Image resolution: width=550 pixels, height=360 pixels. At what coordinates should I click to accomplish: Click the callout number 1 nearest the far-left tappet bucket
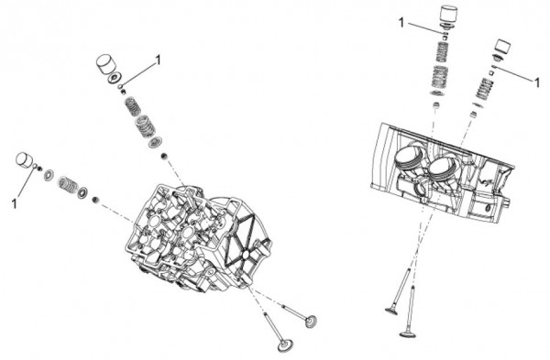pos(14,203)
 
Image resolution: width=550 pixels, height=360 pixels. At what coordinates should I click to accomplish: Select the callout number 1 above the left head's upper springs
pos(159,60)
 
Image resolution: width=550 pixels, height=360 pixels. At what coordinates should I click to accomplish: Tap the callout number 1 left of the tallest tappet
pos(401,23)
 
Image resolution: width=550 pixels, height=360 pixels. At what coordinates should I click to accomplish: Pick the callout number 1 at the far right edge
pos(537,82)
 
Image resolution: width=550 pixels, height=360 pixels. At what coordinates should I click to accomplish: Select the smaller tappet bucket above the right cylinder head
pos(502,48)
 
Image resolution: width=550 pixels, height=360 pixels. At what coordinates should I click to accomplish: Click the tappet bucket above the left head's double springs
pos(106,64)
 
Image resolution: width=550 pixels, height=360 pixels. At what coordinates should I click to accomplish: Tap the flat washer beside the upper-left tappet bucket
pos(115,78)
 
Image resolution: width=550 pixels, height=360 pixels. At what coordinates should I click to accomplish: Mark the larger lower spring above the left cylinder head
pos(145,126)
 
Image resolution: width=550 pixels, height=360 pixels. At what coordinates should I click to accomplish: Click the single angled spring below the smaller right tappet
pos(484,89)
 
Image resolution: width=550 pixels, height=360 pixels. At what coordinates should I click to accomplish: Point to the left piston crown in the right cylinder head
pos(408,157)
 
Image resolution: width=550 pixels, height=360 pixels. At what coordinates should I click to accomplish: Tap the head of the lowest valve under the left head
pos(285,345)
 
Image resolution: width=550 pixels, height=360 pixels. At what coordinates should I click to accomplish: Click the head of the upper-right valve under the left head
pos(311,322)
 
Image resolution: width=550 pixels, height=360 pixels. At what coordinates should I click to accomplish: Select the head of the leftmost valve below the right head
pos(391,311)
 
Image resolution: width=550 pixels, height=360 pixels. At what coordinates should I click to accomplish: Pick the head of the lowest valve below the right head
pos(408,333)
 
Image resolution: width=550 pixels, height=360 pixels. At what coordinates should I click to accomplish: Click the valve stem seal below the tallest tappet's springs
pos(436,105)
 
